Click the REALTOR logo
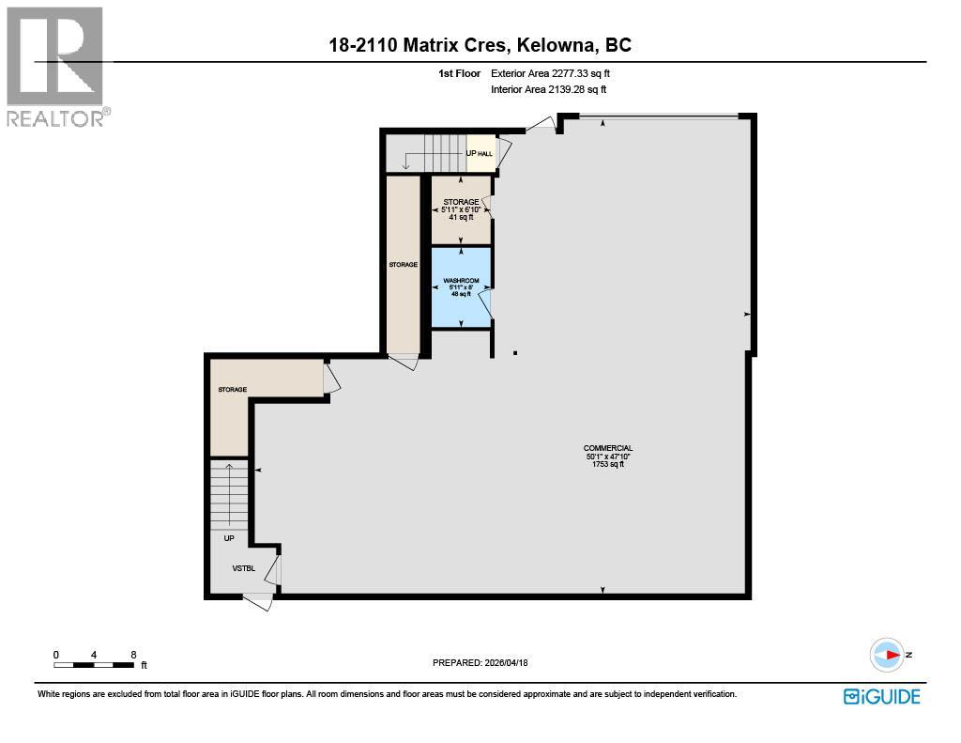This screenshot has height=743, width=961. point(57,66)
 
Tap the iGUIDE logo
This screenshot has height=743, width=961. point(881,696)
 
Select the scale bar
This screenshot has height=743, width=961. point(94,665)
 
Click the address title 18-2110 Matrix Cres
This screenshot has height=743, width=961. point(480,44)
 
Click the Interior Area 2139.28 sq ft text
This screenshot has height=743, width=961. point(549,90)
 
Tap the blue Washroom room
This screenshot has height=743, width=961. point(461,286)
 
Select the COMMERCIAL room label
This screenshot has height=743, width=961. point(607,449)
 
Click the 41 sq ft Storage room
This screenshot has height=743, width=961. point(461,209)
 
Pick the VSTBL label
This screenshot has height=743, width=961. point(244,568)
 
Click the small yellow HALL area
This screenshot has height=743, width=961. point(481,153)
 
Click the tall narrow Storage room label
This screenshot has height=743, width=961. point(403,265)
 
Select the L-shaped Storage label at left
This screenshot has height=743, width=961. point(232,389)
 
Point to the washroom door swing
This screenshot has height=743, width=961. point(485,305)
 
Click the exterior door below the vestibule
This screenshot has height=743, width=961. point(257,601)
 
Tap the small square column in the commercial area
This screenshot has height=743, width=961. point(514,353)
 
